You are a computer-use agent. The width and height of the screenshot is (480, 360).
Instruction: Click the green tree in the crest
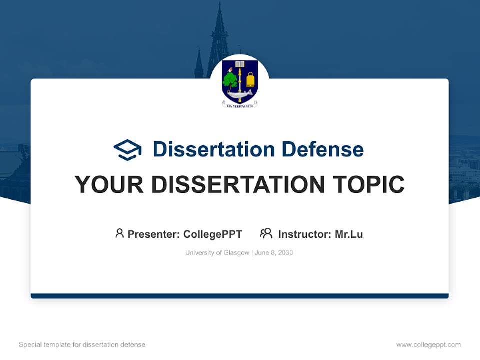click(230, 80)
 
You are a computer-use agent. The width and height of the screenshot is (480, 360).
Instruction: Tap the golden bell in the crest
click(250, 79)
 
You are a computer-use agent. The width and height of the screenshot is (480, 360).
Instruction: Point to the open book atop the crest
click(240, 64)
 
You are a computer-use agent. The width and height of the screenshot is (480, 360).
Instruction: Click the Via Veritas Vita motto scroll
click(240, 105)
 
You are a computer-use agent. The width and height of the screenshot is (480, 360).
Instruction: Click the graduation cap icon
click(127, 149)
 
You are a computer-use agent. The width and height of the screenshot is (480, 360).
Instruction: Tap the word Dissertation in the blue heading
click(213, 149)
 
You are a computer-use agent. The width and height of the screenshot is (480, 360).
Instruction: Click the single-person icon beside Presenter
click(119, 233)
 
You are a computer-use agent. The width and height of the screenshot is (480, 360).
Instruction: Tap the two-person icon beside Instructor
click(266, 233)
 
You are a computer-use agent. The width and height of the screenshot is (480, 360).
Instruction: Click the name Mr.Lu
click(349, 234)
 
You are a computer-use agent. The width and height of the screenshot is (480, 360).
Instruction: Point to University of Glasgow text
click(217, 253)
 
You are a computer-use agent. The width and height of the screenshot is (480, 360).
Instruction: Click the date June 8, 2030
click(274, 253)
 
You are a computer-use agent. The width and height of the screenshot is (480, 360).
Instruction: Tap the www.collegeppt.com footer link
click(428, 345)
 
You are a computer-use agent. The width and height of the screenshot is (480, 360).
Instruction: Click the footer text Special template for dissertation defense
click(82, 345)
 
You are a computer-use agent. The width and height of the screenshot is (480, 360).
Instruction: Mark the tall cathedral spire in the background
click(218, 35)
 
